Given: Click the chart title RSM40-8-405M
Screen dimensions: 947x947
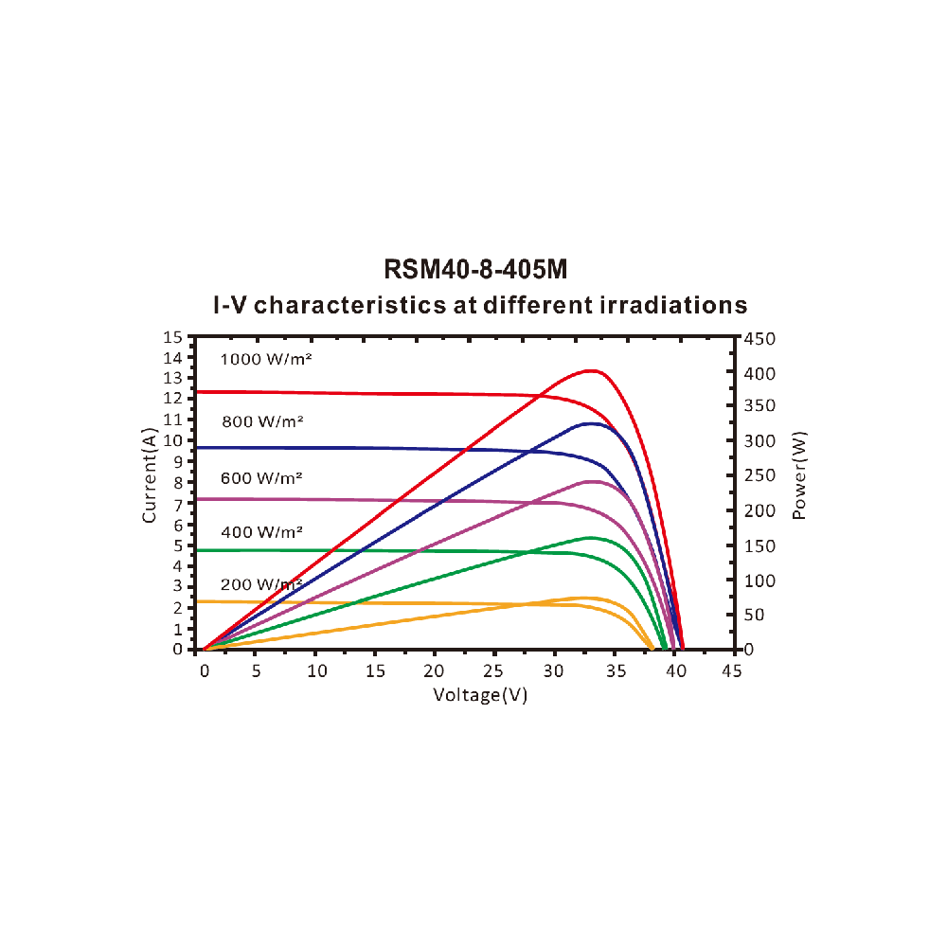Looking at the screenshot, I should point(475,270).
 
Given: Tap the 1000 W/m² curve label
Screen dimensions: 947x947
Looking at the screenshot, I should point(266,359).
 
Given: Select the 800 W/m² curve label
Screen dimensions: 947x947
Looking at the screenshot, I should point(262,421).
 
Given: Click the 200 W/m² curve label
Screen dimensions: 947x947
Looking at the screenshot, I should point(261,584).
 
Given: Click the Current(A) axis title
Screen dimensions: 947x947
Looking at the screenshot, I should point(150,475).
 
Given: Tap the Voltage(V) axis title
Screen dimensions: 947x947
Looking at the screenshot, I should point(480,694).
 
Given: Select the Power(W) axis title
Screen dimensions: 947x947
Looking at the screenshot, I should point(799,475).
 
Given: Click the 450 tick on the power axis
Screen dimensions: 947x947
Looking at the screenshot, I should point(760,338).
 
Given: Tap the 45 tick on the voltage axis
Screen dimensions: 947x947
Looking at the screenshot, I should point(731,670).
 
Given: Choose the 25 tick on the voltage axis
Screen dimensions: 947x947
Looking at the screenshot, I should point(493,670).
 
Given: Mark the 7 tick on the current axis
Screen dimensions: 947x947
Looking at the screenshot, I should point(176,505).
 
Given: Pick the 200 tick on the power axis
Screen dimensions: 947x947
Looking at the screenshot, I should point(760,511).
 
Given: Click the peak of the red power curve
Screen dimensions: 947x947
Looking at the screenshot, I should point(592,370).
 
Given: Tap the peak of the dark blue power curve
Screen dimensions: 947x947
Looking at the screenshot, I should point(590,423).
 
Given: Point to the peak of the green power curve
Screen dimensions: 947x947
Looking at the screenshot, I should point(590,538).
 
